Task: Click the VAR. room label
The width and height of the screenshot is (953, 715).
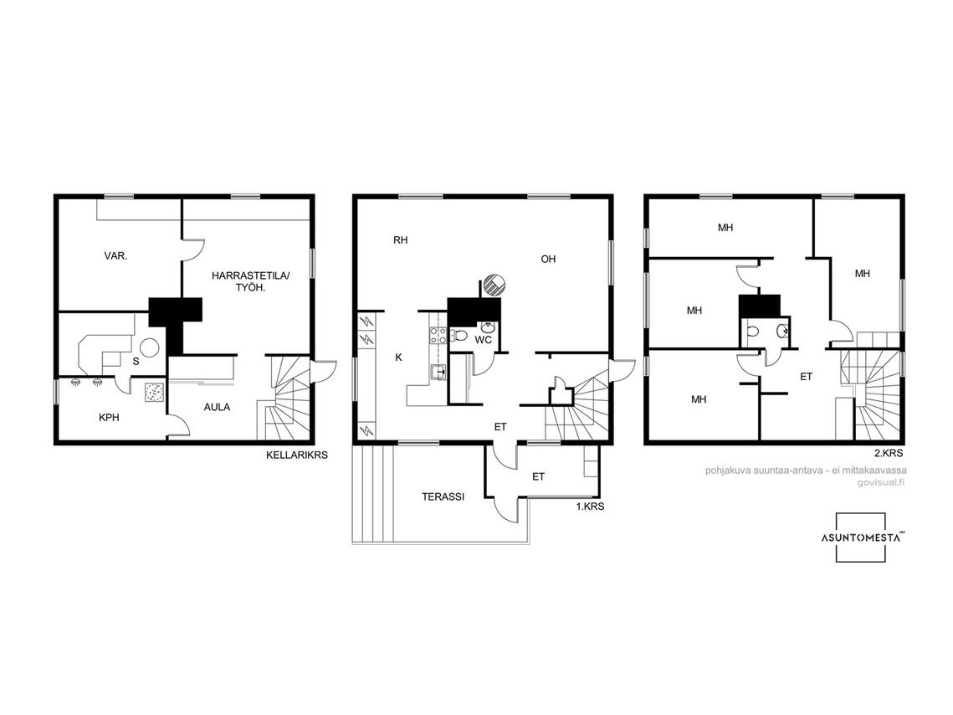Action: (115, 256)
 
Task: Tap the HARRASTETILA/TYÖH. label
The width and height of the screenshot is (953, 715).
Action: (251, 281)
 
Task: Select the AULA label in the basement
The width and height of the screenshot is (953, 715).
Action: (217, 408)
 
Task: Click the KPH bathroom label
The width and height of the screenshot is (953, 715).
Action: (109, 418)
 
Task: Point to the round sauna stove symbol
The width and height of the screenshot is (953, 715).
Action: (150, 348)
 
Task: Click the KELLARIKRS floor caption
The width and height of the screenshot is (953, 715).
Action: (296, 455)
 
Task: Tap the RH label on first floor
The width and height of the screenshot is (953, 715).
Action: (401, 240)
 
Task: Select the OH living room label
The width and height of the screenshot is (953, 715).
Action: (548, 259)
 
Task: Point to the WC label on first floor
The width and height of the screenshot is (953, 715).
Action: (483, 340)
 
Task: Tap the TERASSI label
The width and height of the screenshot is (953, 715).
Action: (443, 496)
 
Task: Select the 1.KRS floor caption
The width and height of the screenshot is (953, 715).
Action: (590, 506)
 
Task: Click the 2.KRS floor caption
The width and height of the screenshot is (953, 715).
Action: (889, 453)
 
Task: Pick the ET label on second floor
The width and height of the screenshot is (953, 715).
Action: (806, 377)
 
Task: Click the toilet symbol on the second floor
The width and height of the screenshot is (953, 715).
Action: (752, 332)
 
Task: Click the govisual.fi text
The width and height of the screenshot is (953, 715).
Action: (881, 483)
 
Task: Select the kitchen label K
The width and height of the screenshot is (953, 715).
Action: (399, 357)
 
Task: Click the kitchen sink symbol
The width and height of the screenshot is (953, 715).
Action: (438, 372)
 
